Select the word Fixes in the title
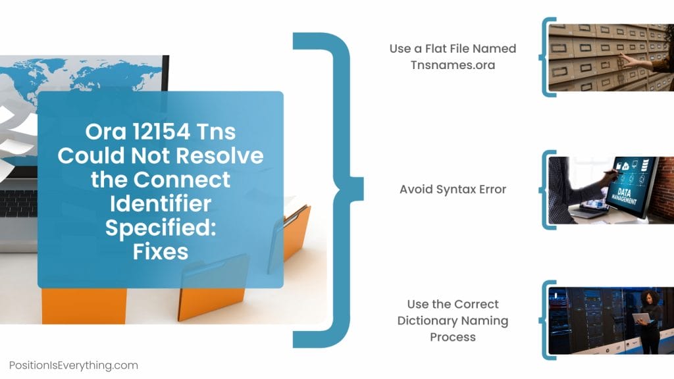coord(161,251)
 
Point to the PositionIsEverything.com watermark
coord(74,365)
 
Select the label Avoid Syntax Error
coord(453,189)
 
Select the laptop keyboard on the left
coord(18,204)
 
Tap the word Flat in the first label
coord(442,49)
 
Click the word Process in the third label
coord(453,337)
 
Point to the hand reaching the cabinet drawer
coord(632,61)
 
